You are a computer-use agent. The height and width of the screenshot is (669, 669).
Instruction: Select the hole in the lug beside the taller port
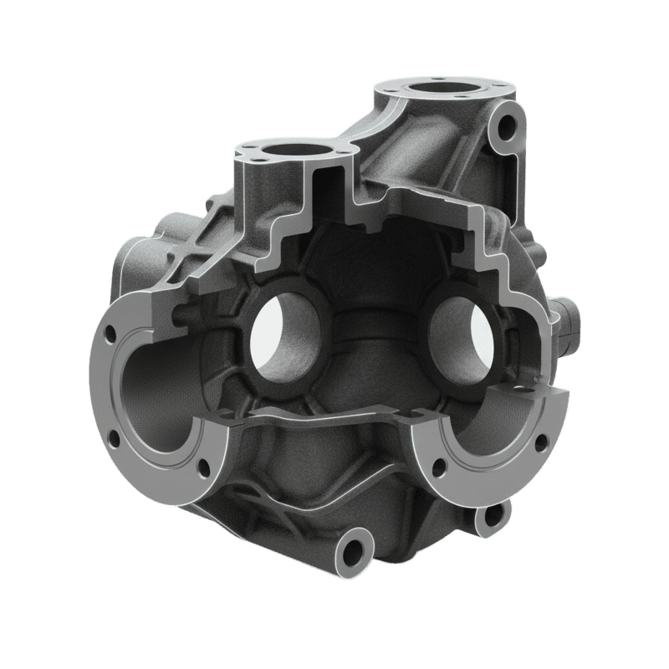coord(506,128)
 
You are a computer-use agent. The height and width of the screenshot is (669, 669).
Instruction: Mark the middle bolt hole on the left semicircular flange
coord(111,437)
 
